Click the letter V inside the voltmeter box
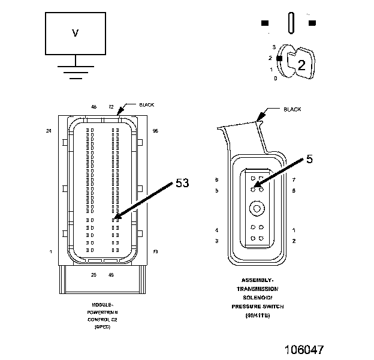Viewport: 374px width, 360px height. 75,33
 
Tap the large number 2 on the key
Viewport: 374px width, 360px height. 301,66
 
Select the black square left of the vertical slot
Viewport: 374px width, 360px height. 264,23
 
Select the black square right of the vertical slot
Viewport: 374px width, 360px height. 312,23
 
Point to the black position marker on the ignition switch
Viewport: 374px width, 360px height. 279,58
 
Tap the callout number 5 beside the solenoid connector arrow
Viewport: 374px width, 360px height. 309,159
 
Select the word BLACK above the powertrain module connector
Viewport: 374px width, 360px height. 146,105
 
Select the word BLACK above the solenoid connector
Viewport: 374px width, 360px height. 292,110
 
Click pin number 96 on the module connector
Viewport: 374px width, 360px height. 155,130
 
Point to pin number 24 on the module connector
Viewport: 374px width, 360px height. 49,130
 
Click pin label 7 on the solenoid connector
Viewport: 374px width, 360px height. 294,179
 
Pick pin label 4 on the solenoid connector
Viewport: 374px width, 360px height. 216,230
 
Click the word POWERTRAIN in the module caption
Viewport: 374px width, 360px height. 102,313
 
